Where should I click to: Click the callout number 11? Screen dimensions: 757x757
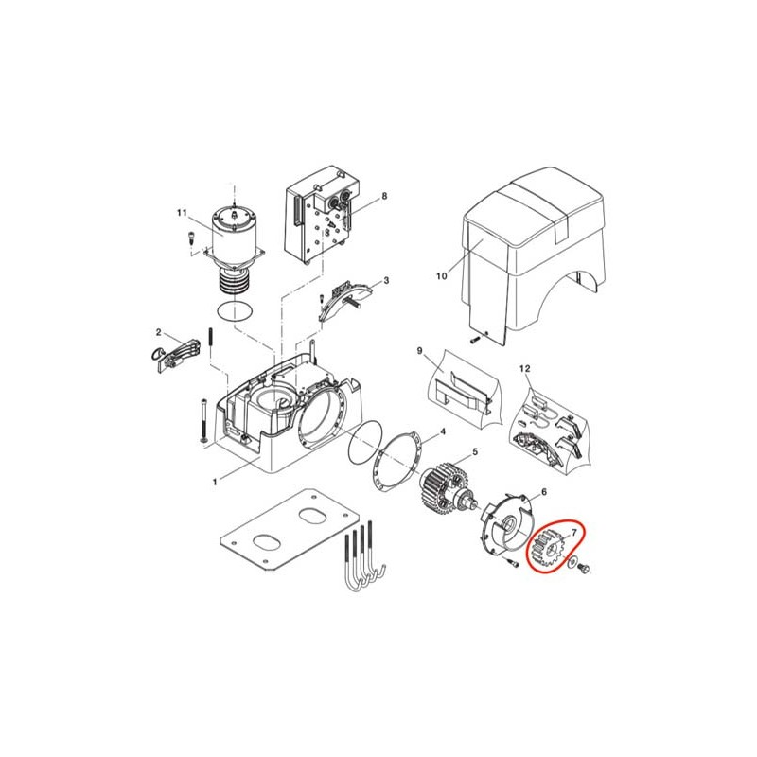[x=182, y=213]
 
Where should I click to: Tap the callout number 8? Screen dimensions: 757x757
[x=384, y=196]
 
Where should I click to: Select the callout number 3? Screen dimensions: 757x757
[x=386, y=280]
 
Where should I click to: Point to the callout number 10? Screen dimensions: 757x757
[x=442, y=276]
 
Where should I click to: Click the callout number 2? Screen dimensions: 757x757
[x=158, y=332]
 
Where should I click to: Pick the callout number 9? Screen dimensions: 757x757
[x=419, y=350]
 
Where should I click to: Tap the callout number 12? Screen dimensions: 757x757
[x=525, y=368]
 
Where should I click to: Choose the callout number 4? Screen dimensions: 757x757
[x=443, y=431]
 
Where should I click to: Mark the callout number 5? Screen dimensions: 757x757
[x=475, y=451]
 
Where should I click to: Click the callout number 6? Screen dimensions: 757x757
[x=544, y=492]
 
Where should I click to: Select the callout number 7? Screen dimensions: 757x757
[x=574, y=533]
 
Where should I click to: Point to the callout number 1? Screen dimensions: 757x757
[x=215, y=482]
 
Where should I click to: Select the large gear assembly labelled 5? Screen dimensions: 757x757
[x=444, y=490]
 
